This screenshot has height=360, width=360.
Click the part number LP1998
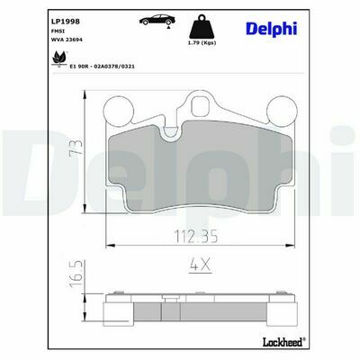tap(66, 22)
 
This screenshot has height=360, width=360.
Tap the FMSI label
tap(56, 31)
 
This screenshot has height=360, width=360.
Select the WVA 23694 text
tap(67, 40)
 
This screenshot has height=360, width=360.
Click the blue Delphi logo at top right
tap(272, 30)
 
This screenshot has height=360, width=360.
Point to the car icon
tap(157, 21)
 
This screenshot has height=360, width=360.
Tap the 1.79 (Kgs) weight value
tap(202, 42)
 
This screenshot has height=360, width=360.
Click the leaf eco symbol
tap(59, 58)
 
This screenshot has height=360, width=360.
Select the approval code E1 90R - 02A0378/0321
tap(102, 67)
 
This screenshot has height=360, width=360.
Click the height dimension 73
tap(76, 148)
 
